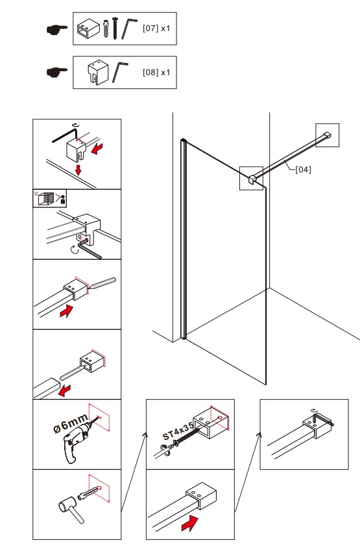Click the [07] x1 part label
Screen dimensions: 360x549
[x=156, y=28]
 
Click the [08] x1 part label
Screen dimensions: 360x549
[x=156, y=72]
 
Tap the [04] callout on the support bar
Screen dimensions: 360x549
[x=303, y=169]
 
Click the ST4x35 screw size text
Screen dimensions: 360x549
[x=178, y=432]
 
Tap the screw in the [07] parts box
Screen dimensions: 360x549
[x=115, y=28]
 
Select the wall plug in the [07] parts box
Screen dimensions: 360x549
[x=106, y=29]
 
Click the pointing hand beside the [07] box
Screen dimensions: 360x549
[x=57, y=29]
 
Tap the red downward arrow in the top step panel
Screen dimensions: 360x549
[x=78, y=170]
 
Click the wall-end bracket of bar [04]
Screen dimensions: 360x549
[x=327, y=135]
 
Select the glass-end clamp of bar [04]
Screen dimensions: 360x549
[x=252, y=179]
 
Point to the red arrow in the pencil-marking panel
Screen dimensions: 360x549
[x=66, y=311]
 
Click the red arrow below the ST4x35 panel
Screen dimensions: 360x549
[x=190, y=523]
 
